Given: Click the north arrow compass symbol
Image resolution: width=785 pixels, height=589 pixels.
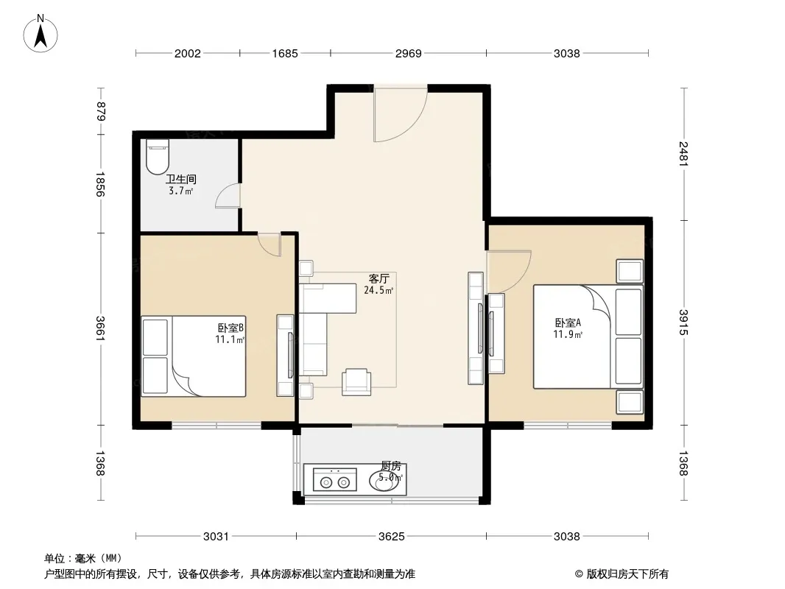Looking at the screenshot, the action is (x=41, y=34).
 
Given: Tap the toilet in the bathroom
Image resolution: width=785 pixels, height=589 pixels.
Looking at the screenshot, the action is (x=157, y=156).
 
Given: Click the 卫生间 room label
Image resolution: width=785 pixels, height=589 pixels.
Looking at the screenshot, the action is (x=180, y=179).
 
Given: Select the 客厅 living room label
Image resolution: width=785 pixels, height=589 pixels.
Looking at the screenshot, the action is (x=379, y=278).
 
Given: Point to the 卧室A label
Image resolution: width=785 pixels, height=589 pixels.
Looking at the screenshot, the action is (x=567, y=322).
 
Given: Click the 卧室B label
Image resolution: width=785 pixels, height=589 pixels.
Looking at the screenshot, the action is (x=230, y=328).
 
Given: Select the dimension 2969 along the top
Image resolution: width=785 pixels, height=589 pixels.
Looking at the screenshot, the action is (x=409, y=53).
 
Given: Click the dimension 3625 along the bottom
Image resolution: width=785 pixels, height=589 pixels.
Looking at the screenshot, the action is (x=392, y=537).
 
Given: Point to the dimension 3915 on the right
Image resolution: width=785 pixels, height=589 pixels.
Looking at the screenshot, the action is (x=684, y=322).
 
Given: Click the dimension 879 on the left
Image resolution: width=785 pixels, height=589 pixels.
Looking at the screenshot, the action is (x=101, y=111).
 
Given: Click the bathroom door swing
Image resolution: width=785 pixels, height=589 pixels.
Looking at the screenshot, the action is (x=228, y=195).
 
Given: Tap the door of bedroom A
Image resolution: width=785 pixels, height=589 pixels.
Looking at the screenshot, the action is (x=509, y=272).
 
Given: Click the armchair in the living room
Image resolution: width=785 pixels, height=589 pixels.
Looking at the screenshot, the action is (x=356, y=382).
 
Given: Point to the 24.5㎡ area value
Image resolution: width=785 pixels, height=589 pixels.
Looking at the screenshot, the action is (x=379, y=290).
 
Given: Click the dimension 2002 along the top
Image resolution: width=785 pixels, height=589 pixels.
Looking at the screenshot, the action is (x=188, y=53).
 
